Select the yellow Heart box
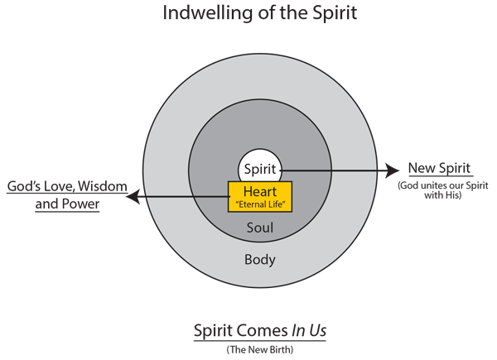pyautogui.click(x=260, y=197)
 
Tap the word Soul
pyautogui.click(x=260, y=228)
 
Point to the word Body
pyautogui.click(x=260, y=260)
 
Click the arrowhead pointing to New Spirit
pyautogui.click(x=393, y=170)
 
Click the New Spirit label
pyautogui.click(x=439, y=169)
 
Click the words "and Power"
pyautogui.click(x=67, y=204)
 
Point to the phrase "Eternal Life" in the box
pyautogui.click(x=260, y=204)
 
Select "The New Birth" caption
pyautogui.click(x=260, y=349)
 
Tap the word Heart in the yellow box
pyautogui.click(x=260, y=191)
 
